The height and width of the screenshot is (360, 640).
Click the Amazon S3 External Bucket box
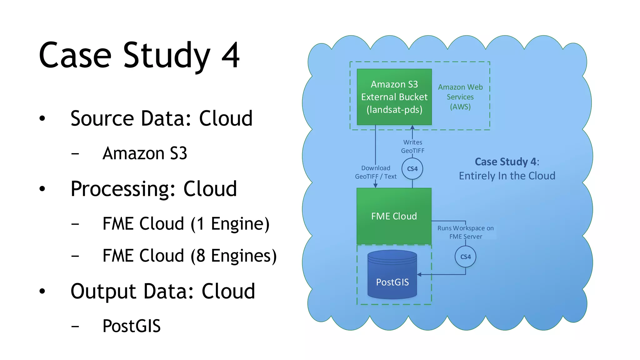pyautogui.click(x=394, y=97)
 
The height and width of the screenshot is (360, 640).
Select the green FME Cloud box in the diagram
pyautogui.click(x=394, y=216)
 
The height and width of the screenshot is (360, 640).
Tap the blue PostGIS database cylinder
pyautogui.click(x=392, y=275)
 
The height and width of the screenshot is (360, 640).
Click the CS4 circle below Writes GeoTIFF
pyautogui.click(x=412, y=169)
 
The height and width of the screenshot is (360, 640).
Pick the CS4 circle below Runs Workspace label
pyautogui.click(x=465, y=257)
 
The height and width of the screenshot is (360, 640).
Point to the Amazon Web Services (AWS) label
pyautogui.click(x=460, y=97)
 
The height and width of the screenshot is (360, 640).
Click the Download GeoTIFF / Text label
pyautogui.click(x=376, y=172)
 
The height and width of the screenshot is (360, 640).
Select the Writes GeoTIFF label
pyautogui.click(x=412, y=147)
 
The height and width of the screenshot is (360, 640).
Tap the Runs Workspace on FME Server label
pyautogui.click(x=465, y=232)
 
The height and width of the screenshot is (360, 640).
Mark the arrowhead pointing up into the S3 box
pyautogui.click(x=412, y=127)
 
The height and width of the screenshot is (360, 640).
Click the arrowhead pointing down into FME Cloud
pyautogui.click(x=375, y=186)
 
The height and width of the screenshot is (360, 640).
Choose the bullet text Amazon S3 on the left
pyautogui.click(x=145, y=153)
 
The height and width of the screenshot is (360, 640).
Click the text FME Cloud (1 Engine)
pyautogui.click(x=186, y=224)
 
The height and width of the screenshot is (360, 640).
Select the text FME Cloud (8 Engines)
pyautogui.click(x=189, y=256)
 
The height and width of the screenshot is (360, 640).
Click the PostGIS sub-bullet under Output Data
pyautogui.click(x=131, y=326)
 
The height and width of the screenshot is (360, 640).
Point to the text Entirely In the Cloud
pyautogui.click(x=507, y=176)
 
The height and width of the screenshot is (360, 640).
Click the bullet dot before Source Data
pyautogui.click(x=42, y=118)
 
